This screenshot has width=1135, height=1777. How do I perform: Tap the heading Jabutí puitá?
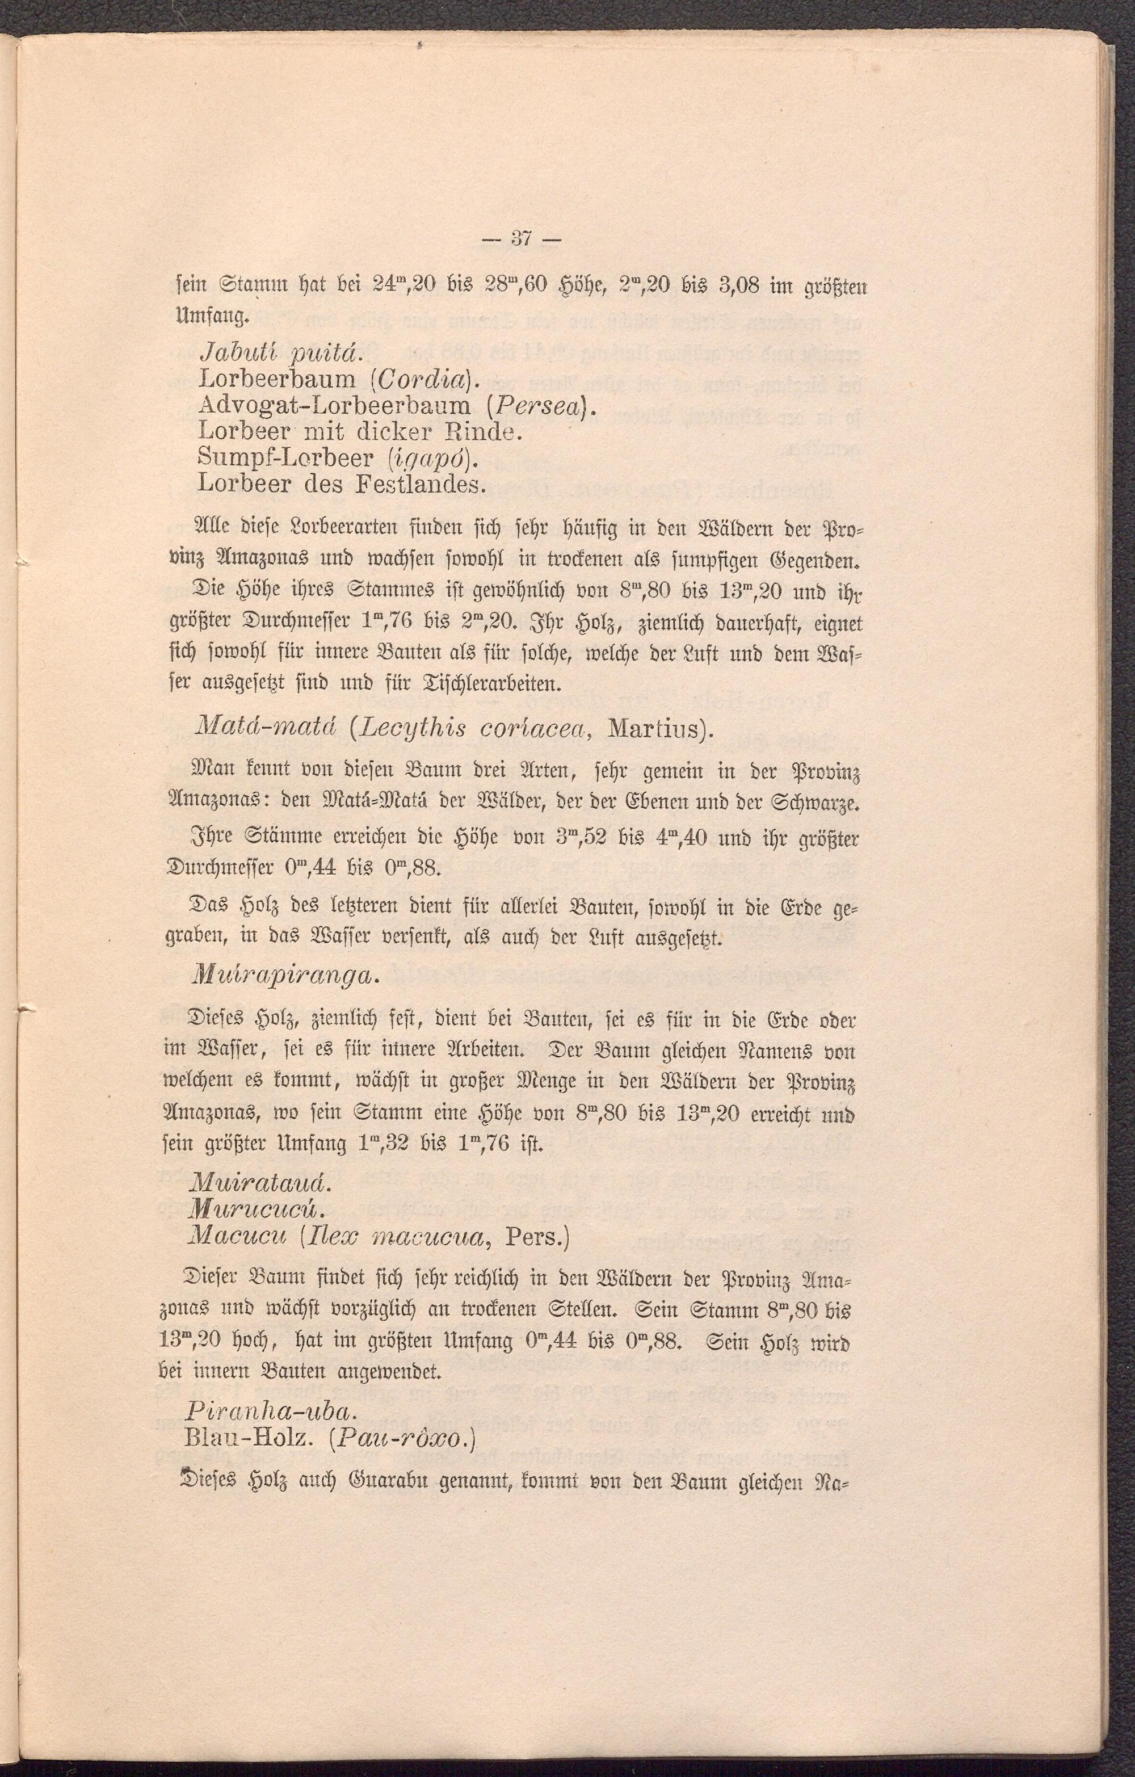click(x=274, y=354)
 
